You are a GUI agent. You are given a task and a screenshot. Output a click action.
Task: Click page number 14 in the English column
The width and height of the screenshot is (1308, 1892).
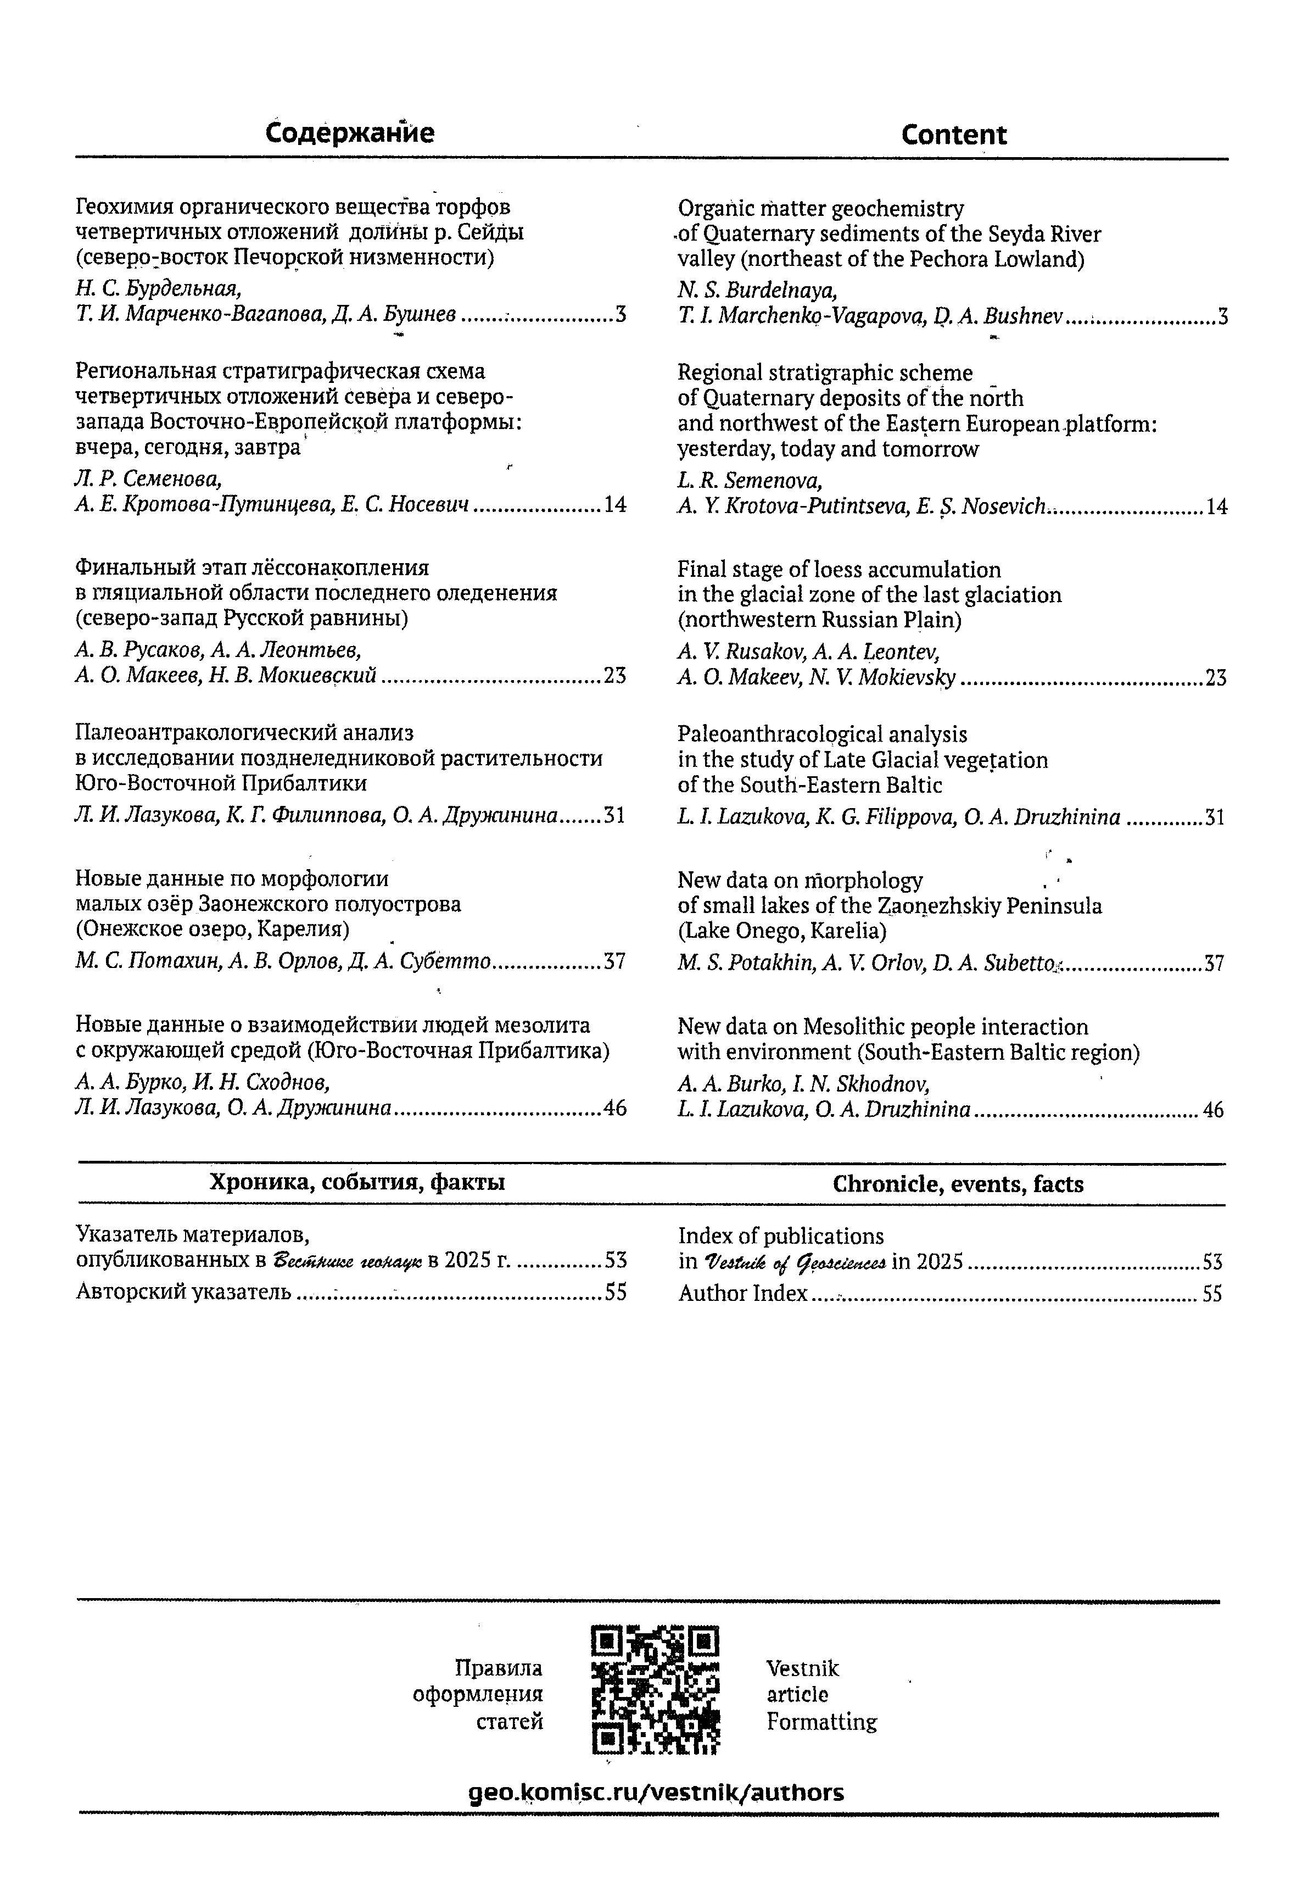(1216, 508)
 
